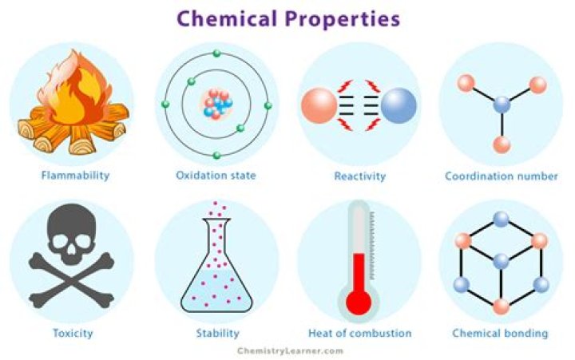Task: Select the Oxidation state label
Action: coord(216,175)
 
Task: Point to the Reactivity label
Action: coord(359,175)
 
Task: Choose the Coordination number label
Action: coord(501,175)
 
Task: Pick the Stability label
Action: coord(216,333)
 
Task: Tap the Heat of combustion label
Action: coord(359,333)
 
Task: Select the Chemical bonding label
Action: coord(501,333)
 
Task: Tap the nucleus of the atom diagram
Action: coord(216,104)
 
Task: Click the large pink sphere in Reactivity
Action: coord(320,105)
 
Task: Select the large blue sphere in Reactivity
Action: coord(399,105)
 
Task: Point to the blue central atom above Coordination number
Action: coord(502,104)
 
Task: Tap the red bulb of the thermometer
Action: coord(359,303)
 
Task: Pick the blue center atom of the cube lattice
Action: coord(502,262)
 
